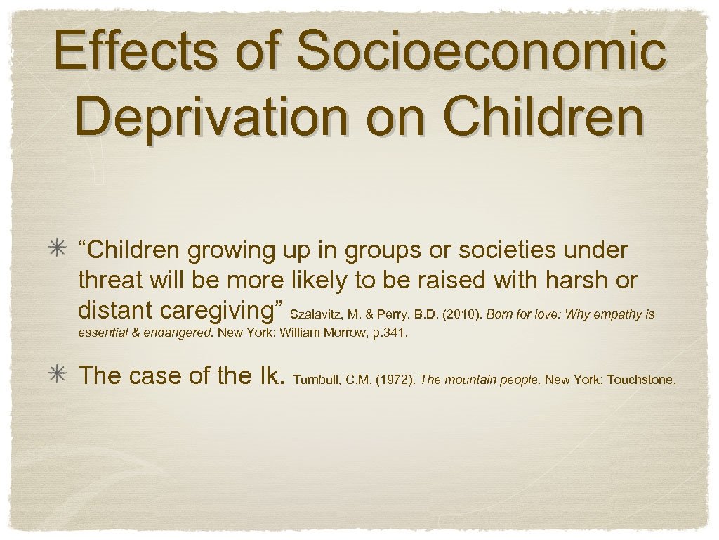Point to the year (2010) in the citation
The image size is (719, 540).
[461, 314]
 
